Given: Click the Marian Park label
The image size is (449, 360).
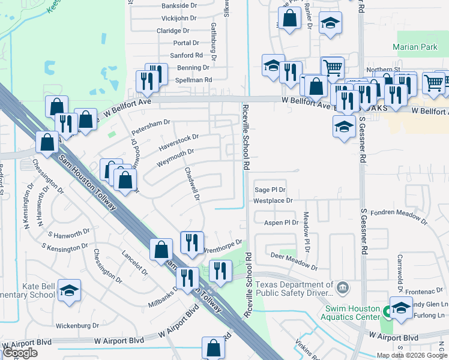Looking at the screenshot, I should tap(416, 46).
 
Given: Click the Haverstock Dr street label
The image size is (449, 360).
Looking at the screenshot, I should tap(178, 142).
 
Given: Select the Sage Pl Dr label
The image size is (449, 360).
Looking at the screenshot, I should tap(270, 189).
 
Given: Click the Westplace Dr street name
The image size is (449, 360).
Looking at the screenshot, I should tap(273, 200).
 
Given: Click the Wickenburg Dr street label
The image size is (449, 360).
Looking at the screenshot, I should tap(77, 326).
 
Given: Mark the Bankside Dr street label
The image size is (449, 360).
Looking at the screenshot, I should tap(163, 5).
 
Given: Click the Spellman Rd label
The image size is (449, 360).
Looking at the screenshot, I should tap(193, 80).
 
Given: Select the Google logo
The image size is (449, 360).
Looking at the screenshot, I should tap(20, 353).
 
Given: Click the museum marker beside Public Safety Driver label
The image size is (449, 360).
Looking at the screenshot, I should tap(342, 288).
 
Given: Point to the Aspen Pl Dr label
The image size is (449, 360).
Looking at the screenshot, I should tap(282, 223).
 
